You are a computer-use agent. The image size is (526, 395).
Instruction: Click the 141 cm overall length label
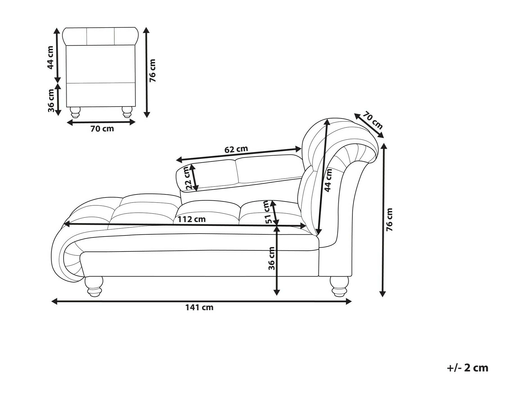(199, 308)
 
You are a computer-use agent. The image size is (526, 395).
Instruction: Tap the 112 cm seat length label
(191, 219)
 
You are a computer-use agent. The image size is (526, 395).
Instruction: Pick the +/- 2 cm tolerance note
(468, 368)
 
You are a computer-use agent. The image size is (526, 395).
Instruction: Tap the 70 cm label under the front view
(102, 129)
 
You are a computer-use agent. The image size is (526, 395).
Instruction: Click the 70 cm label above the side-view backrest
(373, 120)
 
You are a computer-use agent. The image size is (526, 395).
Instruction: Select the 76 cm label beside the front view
(152, 71)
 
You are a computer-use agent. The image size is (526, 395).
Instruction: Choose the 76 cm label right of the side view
(389, 220)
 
